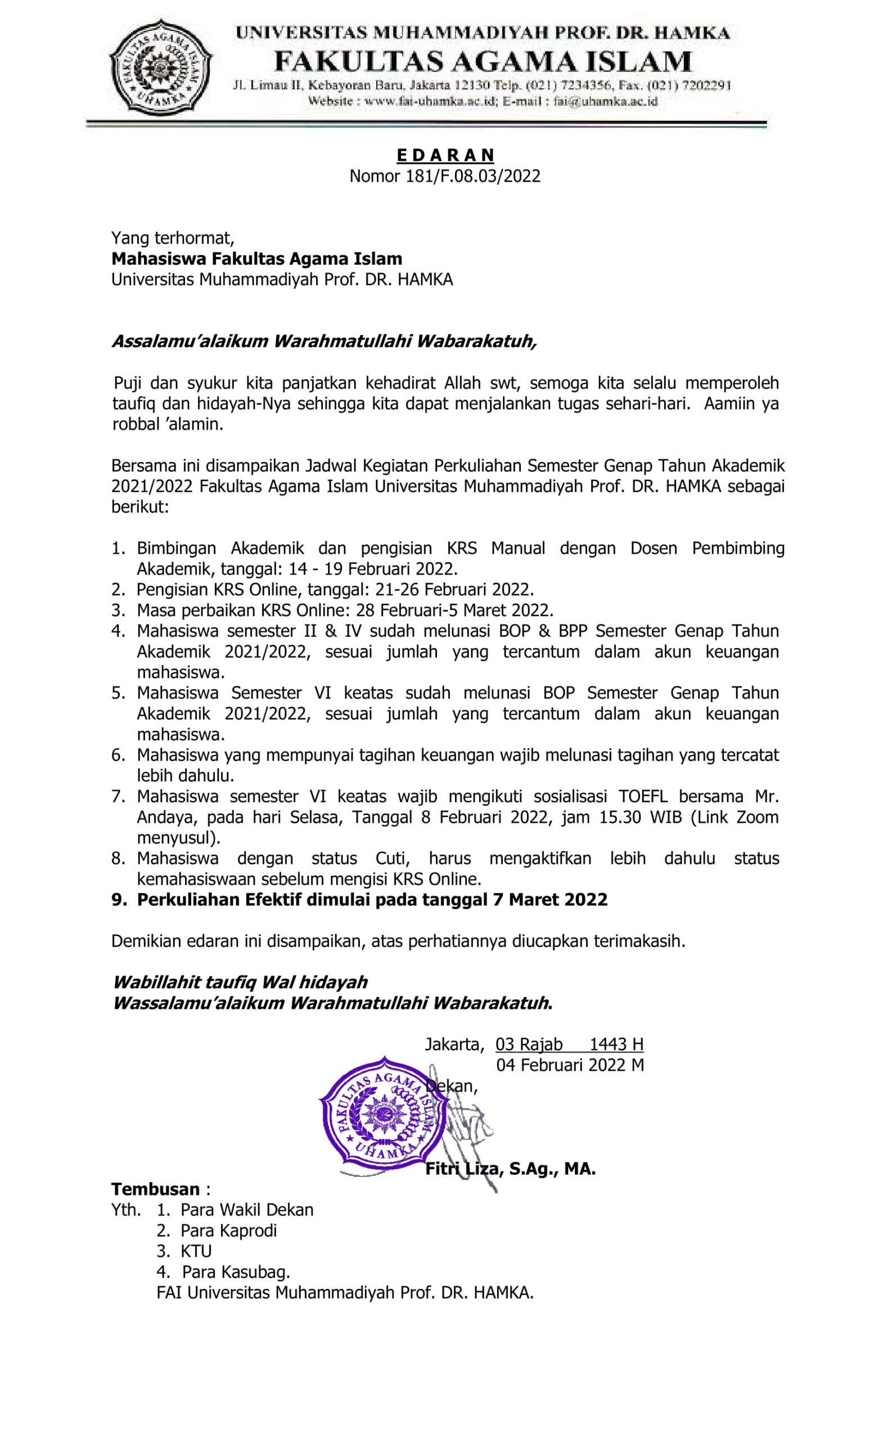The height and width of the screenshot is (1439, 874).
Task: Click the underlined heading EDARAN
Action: click(445, 155)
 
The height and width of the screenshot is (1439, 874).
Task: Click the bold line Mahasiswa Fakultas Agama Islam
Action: click(256, 258)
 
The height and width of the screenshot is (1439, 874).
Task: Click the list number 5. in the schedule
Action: click(119, 693)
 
